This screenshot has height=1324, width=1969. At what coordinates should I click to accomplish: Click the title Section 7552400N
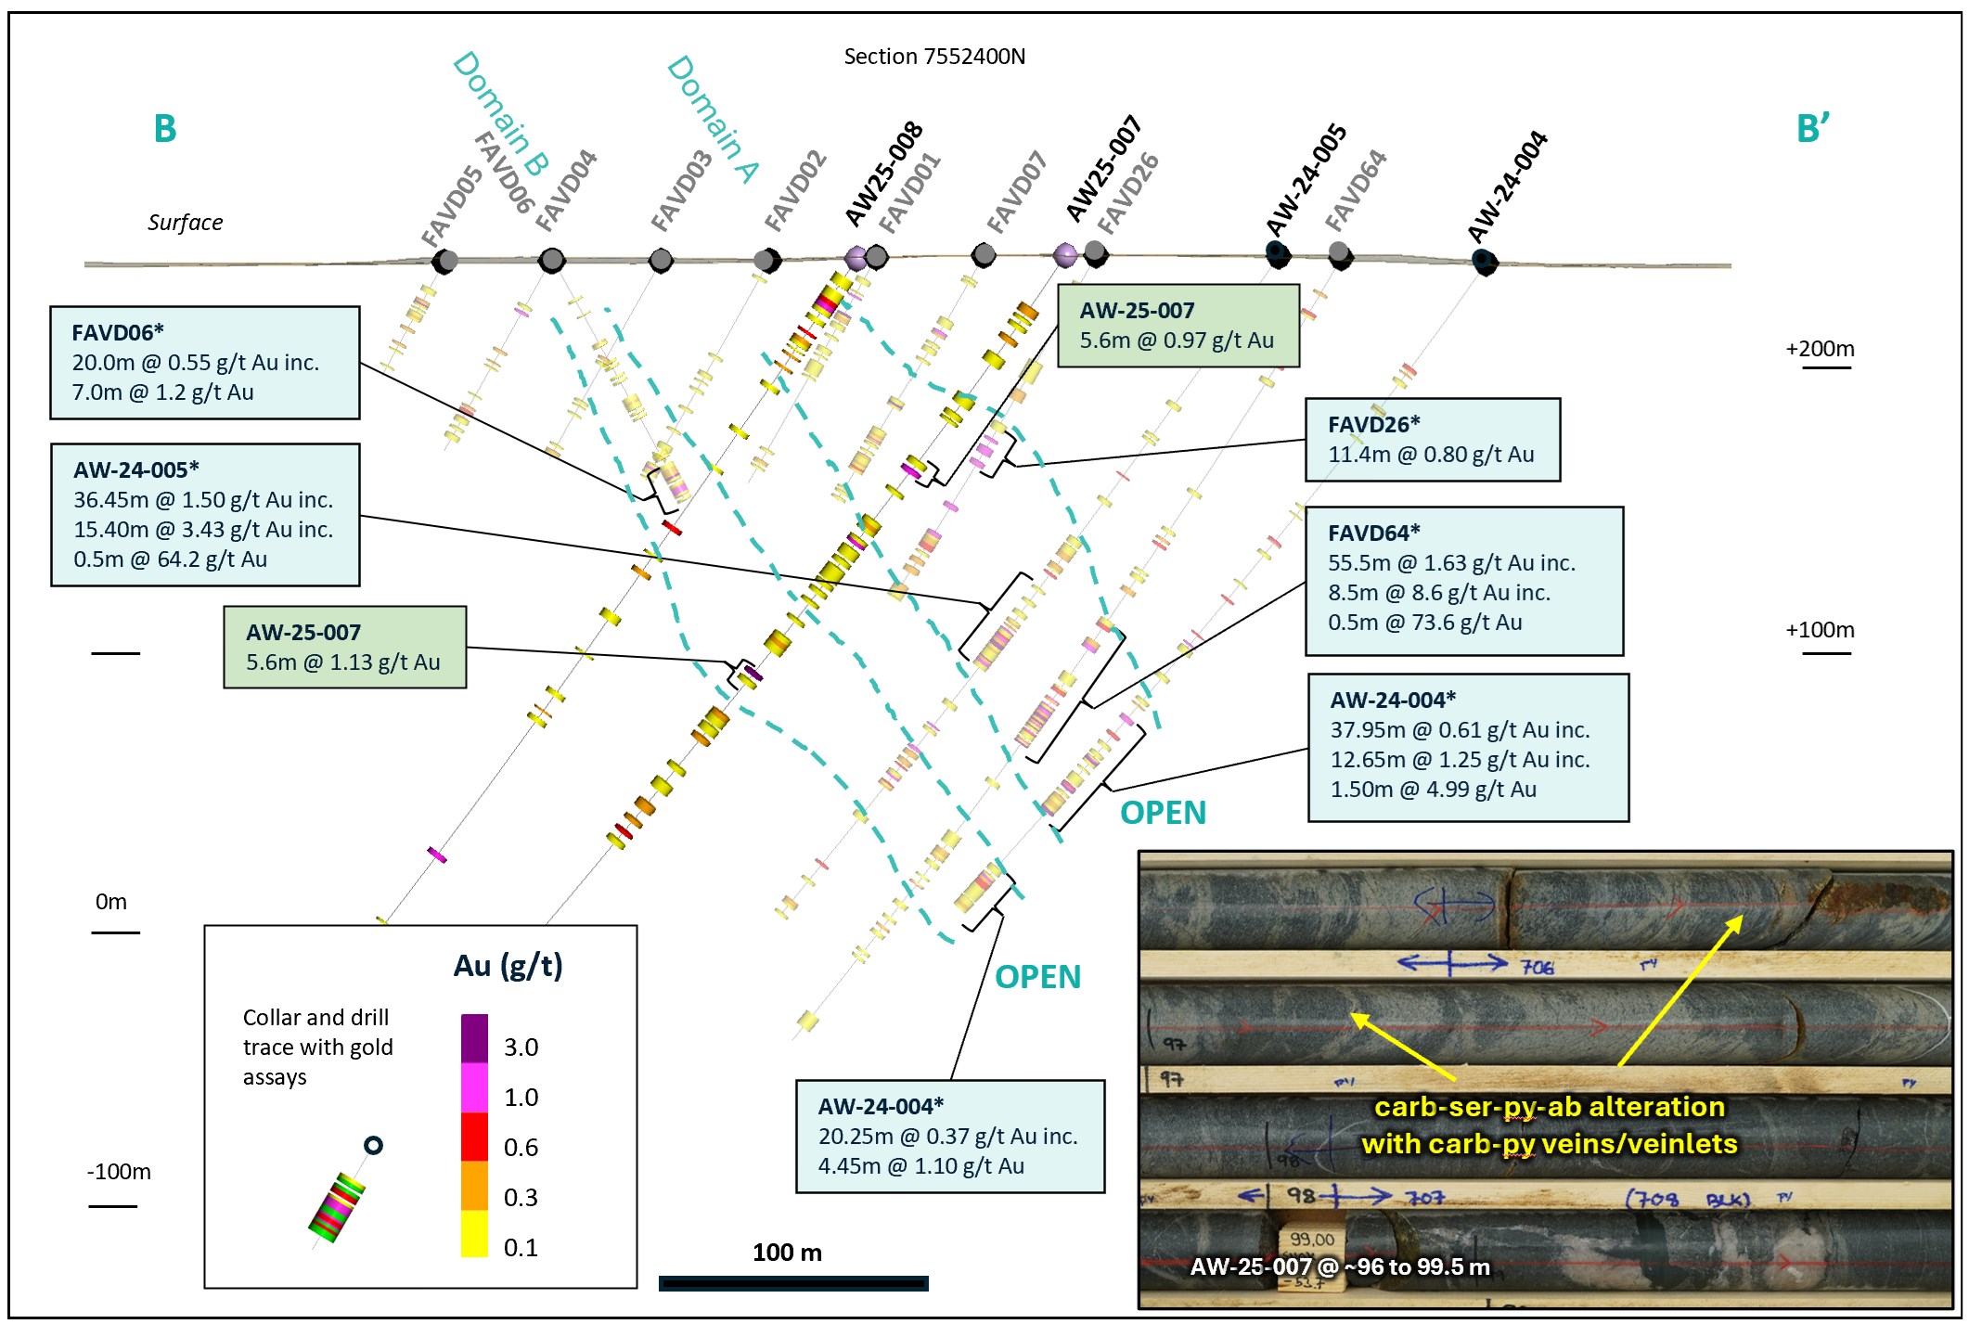click(933, 57)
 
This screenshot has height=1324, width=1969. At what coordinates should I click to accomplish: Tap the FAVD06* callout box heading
click(118, 332)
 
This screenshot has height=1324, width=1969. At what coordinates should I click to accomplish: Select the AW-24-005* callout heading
click(136, 469)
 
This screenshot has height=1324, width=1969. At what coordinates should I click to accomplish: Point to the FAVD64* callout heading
click(1373, 533)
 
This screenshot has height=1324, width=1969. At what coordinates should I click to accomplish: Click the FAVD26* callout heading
click(1373, 424)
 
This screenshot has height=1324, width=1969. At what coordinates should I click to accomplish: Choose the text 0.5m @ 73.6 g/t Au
click(1424, 622)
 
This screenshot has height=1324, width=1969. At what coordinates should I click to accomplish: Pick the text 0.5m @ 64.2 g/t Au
click(170, 559)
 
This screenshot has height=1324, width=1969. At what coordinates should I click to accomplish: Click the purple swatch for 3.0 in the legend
click(474, 1038)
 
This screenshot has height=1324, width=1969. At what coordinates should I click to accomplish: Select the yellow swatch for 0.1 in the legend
click(474, 1235)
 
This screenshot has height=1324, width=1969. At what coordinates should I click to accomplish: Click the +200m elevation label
click(1820, 349)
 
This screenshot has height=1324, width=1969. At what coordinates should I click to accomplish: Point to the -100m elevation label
click(119, 1171)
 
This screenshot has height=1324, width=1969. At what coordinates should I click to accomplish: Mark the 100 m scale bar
click(793, 1283)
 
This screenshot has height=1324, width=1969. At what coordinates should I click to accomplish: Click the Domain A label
click(713, 119)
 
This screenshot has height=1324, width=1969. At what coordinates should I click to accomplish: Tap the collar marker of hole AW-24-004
click(1485, 263)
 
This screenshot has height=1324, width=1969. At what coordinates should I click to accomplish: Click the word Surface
click(185, 223)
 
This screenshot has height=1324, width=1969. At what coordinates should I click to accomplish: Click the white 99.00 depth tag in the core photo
click(1311, 1240)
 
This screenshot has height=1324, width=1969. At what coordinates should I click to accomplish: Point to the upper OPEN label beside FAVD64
click(1163, 813)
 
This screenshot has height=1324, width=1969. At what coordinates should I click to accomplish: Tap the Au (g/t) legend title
click(508, 966)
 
